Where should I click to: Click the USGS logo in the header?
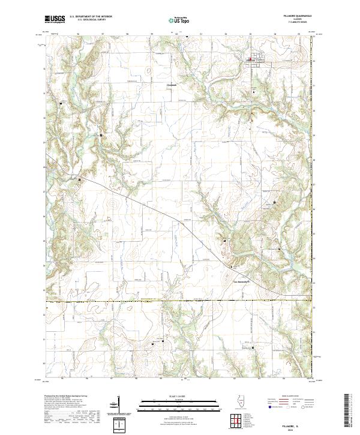pyautogui.click(x=55, y=20)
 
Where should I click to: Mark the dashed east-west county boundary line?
pyautogui.click(x=180, y=301)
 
